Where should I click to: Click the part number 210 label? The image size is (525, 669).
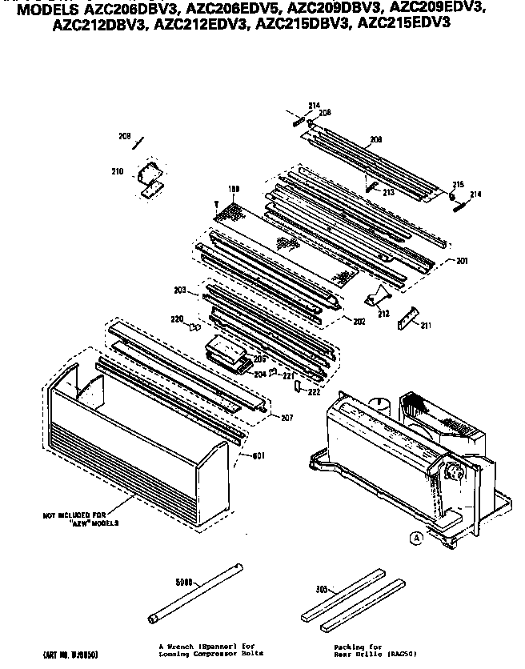click(x=117, y=170)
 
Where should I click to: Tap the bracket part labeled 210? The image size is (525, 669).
click(x=150, y=178)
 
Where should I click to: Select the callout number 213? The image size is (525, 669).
click(x=388, y=192)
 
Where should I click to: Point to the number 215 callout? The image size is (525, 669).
click(x=459, y=184)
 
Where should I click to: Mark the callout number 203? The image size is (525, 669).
click(x=179, y=289)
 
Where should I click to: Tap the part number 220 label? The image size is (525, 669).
click(x=178, y=318)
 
